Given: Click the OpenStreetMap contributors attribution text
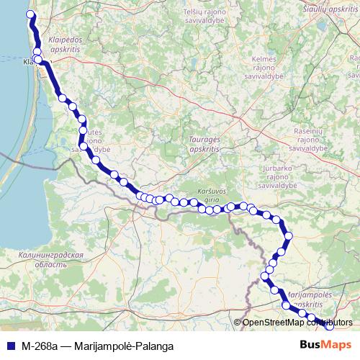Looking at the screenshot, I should [x=296, y=323].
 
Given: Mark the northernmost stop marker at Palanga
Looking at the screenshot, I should [x=30, y=14].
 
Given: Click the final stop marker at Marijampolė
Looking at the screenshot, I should [x=328, y=325].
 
